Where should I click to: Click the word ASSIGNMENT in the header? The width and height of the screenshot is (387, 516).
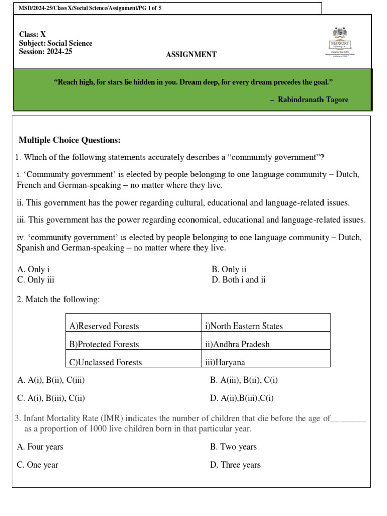[191, 55]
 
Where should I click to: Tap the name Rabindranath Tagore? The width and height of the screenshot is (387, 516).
[312, 100]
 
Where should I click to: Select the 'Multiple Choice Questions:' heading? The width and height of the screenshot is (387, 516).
[70, 140]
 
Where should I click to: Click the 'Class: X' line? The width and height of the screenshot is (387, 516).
[32, 35]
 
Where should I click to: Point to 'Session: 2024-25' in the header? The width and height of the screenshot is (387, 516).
[45, 51]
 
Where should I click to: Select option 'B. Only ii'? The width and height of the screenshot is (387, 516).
[229, 269]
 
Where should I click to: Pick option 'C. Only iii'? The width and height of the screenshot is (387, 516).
[35, 280]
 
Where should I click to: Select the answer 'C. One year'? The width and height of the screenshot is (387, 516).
[38, 465]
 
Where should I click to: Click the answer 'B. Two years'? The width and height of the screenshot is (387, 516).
[233, 447]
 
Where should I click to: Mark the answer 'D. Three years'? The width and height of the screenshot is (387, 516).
[235, 465]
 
